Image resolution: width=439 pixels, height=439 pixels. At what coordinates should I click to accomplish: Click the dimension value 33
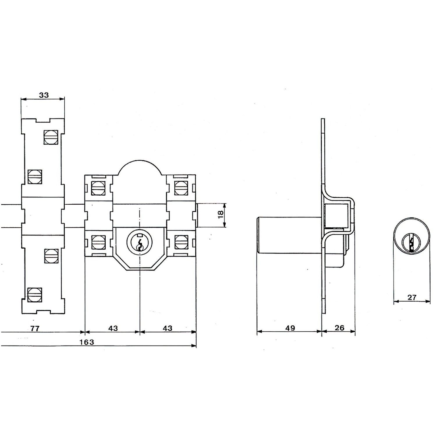coord(44,95)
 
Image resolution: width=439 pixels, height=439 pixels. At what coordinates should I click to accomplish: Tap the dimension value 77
coord(35,328)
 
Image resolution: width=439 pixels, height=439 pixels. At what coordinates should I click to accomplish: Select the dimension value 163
coord(87,342)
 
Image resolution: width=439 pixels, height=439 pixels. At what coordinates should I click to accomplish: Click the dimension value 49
coord(290,328)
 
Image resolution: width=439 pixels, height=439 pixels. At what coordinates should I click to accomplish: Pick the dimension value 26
coord(339,328)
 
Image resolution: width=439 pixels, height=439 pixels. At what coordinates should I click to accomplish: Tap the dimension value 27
coord(412,298)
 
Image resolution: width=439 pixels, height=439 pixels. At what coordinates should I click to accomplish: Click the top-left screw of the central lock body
coord(98,188)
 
